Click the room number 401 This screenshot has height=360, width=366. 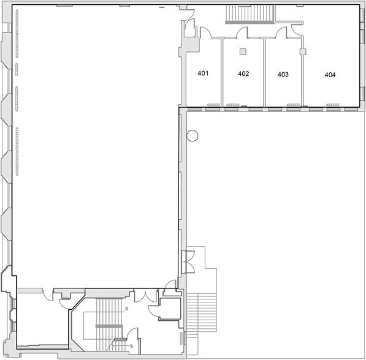[x=203, y=73]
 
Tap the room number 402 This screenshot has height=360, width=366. [x=243, y=73]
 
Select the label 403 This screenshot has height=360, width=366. [x=283, y=74]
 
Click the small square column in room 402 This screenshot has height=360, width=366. [x=243, y=51]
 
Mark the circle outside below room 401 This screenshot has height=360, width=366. [x=193, y=136]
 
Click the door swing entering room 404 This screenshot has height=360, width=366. [x=297, y=29]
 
